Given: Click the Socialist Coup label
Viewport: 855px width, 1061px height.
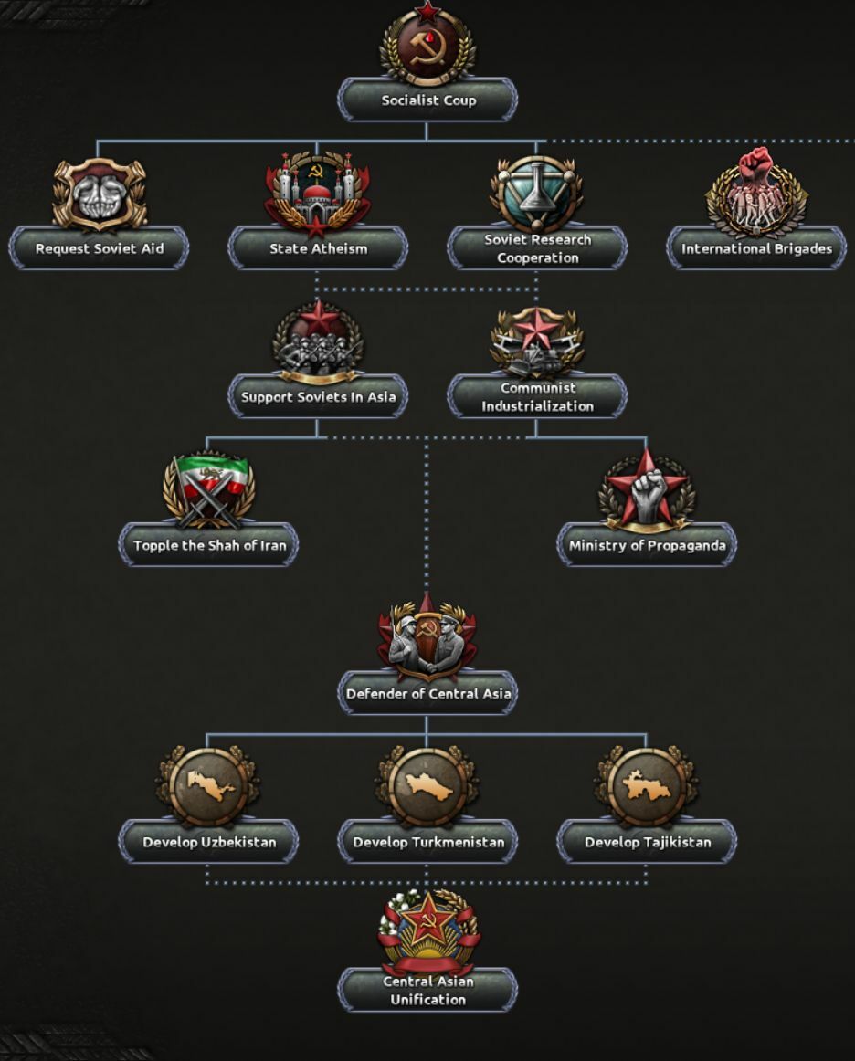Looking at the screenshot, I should (x=427, y=100).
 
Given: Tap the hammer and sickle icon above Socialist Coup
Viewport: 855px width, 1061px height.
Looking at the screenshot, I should (x=427, y=46).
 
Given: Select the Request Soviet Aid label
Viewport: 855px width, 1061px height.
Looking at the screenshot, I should (x=99, y=248).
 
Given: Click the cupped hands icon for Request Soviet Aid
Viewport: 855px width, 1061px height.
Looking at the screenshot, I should (x=100, y=194).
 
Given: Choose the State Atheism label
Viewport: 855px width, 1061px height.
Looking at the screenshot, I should (x=318, y=248).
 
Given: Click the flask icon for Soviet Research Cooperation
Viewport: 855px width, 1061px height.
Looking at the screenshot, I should (x=537, y=193).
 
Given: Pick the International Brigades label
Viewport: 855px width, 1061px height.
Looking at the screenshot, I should (x=756, y=248).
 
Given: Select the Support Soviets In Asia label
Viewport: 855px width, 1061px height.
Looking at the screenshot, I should (x=318, y=397).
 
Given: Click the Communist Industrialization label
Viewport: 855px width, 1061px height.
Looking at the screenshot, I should (x=537, y=397).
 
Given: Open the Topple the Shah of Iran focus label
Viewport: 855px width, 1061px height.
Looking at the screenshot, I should (x=209, y=546).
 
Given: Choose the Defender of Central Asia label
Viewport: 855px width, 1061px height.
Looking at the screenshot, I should (x=427, y=694).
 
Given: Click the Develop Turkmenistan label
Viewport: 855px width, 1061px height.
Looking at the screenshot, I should (x=427, y=842).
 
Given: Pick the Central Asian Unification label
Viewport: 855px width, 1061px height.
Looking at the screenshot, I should (x=427, y=991).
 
